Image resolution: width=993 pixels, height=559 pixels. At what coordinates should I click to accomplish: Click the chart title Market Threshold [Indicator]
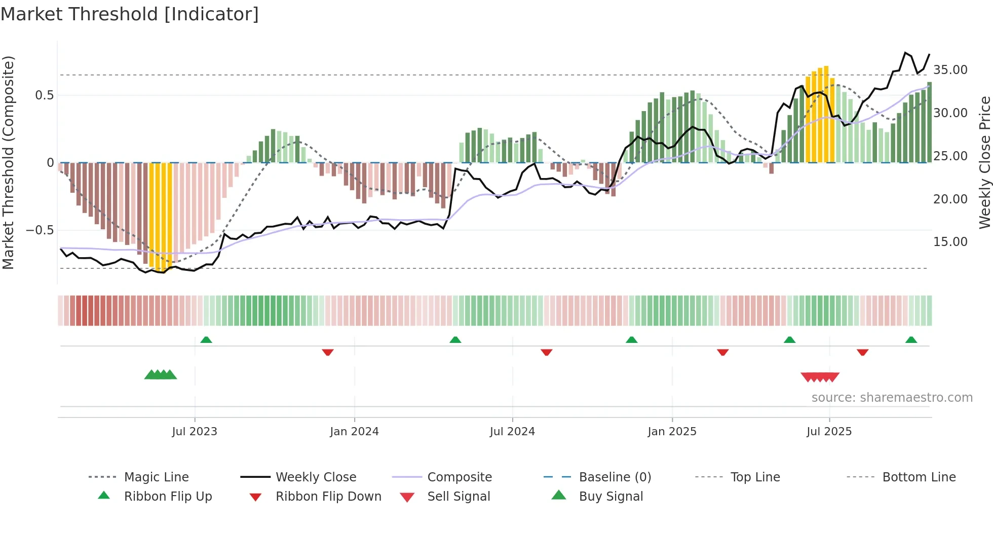coord(130,14)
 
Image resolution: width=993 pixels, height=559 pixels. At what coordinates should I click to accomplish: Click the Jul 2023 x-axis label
coord(195,431)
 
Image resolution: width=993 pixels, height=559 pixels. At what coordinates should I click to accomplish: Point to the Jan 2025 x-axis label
coord(672,431)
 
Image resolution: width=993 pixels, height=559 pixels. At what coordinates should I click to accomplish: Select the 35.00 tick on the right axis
coord(950,69)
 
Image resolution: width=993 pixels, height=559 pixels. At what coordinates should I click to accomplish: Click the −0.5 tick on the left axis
coord(40,230)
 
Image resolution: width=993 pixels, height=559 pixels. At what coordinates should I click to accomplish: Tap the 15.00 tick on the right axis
coord(950,242)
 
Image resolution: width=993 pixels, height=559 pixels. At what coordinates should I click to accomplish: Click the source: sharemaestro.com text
coord(892,397)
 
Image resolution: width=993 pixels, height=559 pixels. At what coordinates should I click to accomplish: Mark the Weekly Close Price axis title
coord(984,162)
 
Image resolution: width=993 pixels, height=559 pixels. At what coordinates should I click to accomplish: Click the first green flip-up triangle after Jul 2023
coord(206,340)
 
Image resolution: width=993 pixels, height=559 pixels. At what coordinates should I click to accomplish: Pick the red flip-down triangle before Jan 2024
coord(328,352)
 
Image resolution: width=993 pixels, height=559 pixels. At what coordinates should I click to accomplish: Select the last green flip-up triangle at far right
coord(911,340)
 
